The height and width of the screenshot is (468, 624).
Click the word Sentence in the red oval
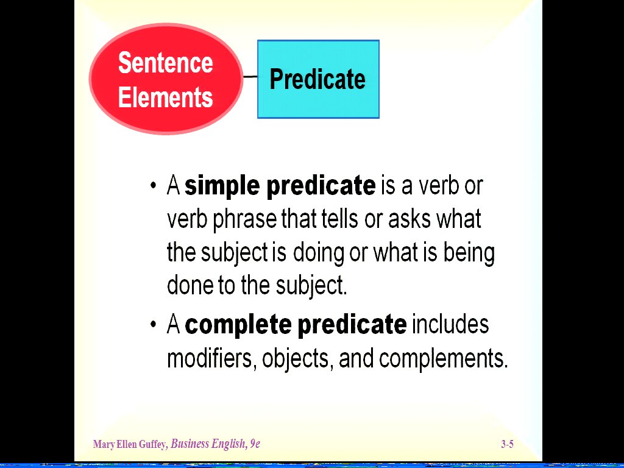tap(166, 63)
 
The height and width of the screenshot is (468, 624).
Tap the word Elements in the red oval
tap(166, 97)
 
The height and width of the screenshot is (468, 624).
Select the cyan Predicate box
tap(318, 79)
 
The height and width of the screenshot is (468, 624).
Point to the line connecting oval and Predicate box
tap(250, 76)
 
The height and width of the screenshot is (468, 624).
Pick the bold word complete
tap(238, 324)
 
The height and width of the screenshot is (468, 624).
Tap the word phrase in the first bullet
tap(245, 219)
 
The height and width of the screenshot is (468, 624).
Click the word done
tap(190, 285)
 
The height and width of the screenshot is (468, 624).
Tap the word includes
tap(450, 324)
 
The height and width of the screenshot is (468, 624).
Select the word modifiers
tap(210, 358)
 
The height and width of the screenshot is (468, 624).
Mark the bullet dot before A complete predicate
tap(154, 324)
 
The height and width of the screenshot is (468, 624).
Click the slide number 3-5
tap(508, 444)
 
